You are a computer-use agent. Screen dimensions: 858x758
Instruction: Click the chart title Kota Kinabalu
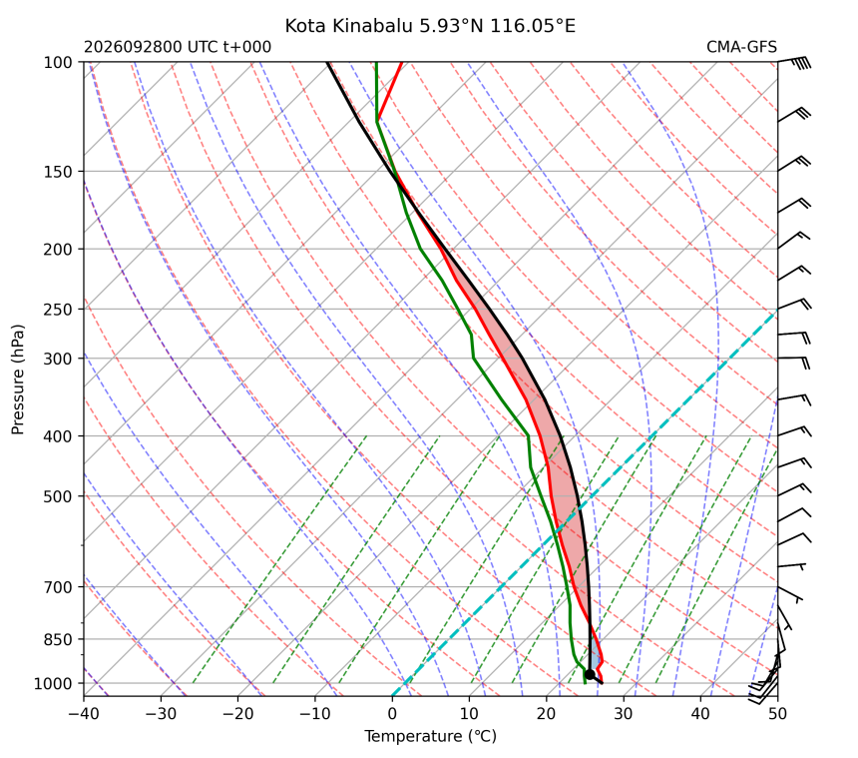point(348,26)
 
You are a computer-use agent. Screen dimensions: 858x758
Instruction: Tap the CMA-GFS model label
point(741,47)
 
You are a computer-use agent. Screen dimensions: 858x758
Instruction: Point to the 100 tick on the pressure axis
point(58,63)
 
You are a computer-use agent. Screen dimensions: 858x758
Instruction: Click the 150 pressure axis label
point(58,172)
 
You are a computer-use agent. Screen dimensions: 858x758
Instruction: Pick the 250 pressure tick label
point(58,310)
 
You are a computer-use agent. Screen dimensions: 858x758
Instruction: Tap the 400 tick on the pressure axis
point(58,436)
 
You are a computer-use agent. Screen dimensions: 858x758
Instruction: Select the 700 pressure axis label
point(58,587)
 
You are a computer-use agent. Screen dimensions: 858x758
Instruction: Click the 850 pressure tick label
point(58,639)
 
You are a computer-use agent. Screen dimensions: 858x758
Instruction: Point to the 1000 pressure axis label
point(54,683)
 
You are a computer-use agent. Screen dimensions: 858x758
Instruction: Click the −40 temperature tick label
point(84,714)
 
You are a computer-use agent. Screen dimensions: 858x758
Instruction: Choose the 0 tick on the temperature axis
point(392,714)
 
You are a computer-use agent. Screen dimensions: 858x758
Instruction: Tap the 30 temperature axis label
point(624,714)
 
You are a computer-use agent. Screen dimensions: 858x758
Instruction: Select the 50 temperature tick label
point(777,714)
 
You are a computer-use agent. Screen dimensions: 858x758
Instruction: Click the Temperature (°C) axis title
point(431,736)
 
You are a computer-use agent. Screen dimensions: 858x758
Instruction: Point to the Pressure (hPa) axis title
point(18,379)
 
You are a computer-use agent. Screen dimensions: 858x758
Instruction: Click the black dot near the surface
point(590,674)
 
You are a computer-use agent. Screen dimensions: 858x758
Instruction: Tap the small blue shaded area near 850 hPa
point(595,655)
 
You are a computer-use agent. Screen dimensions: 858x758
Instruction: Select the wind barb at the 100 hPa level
point(794,62)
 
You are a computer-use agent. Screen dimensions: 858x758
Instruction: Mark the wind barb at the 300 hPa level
point(793,362)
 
